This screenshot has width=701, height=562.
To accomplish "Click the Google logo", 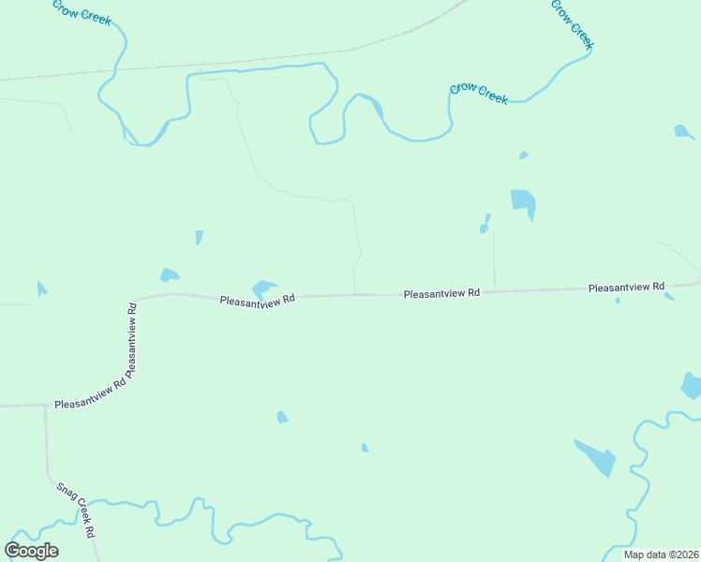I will click(32, 551).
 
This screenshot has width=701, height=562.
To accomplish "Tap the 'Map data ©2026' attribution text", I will click(660, 555).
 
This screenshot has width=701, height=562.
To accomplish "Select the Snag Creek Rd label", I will click(77, 509).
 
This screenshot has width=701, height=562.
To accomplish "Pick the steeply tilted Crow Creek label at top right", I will click(573, 23).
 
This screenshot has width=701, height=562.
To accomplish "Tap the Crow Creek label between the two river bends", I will click(479, 93).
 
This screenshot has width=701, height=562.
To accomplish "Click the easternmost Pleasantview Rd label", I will click(626, 288).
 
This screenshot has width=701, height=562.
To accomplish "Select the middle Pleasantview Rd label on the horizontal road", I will click(441, 293).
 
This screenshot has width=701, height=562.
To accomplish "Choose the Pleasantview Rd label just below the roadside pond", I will click(258, 300).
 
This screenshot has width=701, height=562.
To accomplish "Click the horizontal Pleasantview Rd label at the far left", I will click(90, 404).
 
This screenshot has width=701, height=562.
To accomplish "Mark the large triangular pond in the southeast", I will click(597, 457).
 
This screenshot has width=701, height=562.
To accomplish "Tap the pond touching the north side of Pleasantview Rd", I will click(262, 288).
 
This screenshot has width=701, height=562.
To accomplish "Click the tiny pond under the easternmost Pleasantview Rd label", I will click(617, 301).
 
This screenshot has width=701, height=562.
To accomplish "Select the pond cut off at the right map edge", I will click(692, 385).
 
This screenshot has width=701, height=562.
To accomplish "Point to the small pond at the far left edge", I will click(40, 288).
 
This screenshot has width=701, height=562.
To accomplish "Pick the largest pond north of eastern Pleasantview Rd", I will click(523, 202).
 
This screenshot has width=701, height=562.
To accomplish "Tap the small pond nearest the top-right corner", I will click(683, 131).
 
